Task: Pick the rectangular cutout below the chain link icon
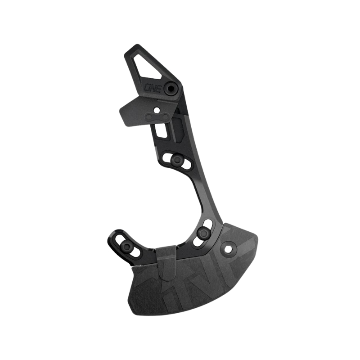(x=159, y=130)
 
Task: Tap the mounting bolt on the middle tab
(x=177, y=159)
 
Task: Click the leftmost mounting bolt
(x=126, y=246)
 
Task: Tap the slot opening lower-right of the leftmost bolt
(x=134, y=252)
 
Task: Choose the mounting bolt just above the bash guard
(x=204, y=233)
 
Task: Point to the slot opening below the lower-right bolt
(x=198, y=242)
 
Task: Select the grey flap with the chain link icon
(x=146, y=112)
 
